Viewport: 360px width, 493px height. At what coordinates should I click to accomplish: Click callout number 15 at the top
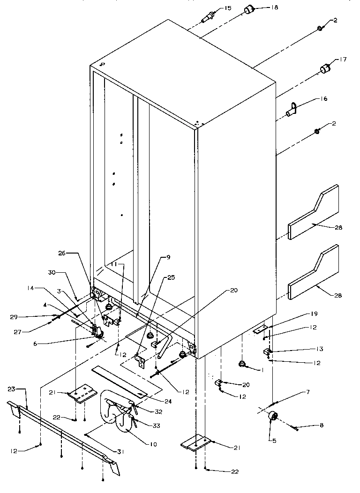(x=228, y=8)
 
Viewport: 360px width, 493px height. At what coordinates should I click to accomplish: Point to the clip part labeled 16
(x=292, y=111)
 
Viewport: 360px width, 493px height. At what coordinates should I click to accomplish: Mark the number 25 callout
(x=171, y=278)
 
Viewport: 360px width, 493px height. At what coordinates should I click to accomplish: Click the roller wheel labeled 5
(x=270, y=417)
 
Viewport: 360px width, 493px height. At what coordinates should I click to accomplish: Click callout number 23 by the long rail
(x=12, y=389)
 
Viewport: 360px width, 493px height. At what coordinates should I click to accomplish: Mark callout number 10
(x=153, y=444)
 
